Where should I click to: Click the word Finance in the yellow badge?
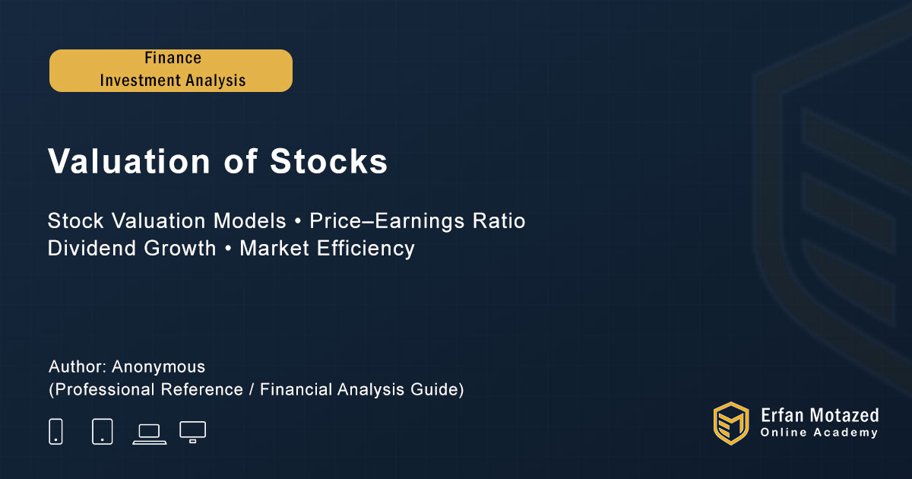(x=173, y=58)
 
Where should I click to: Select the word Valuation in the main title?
(x=129, y=161)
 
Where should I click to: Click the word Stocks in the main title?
(x=328, y=161)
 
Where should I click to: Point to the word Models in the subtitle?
(x=249, y=221)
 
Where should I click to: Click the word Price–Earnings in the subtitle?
(x=387, y=221)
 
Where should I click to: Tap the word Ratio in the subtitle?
(x=499, y=221)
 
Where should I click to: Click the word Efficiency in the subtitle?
(x=366, y=249)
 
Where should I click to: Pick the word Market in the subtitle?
(x=274, y=248)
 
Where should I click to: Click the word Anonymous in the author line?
(x=158, y=366)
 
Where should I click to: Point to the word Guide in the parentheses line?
(x=435, y=389)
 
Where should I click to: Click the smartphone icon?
(x=55, y=431)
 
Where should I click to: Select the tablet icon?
(x=102, y=431)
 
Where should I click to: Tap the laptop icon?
(x=150, y=435)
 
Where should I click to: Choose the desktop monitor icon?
(x=192, y=432)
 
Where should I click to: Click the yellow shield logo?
(x=731, y=423)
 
